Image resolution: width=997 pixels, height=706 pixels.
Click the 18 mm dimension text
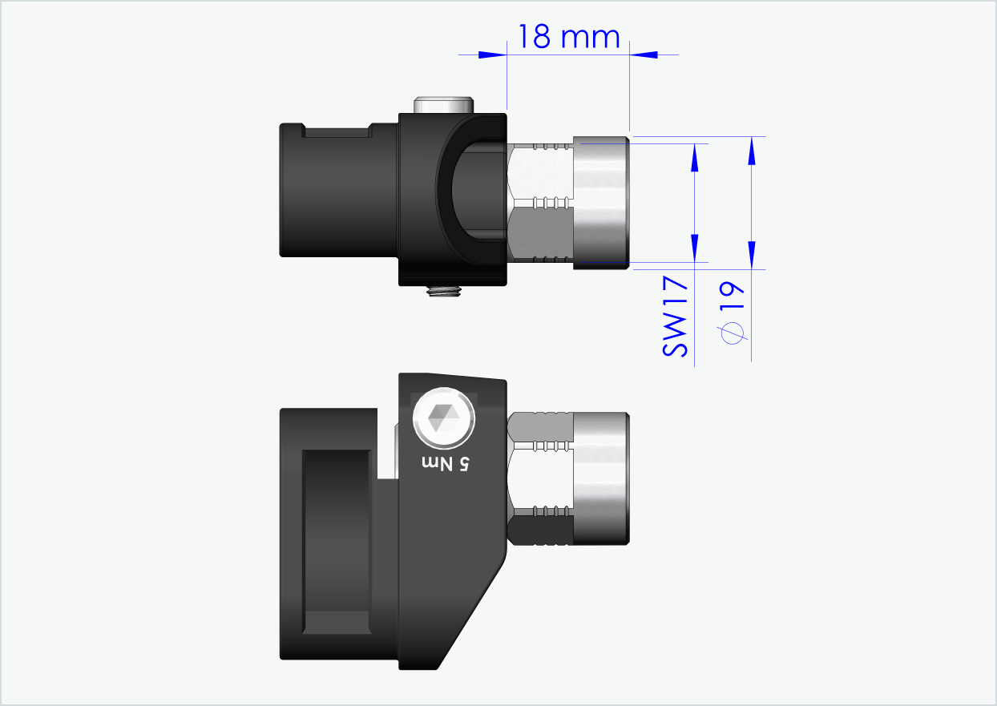(568, 37)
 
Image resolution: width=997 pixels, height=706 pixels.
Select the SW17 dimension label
(676, 317)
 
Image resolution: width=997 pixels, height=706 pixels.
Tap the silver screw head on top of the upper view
(443, 104)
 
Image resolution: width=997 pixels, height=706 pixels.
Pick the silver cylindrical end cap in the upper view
(601, 203)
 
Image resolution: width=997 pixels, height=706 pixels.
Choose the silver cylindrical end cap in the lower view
(601, 478)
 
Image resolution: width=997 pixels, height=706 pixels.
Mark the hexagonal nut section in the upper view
(541, 203)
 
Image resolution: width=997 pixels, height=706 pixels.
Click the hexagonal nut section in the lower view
(541, 478)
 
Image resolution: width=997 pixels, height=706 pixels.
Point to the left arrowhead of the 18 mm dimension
(493, 54)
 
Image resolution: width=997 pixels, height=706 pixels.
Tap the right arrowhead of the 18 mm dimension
(644, 54)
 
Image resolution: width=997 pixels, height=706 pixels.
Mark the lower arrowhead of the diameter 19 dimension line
(751, 255)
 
